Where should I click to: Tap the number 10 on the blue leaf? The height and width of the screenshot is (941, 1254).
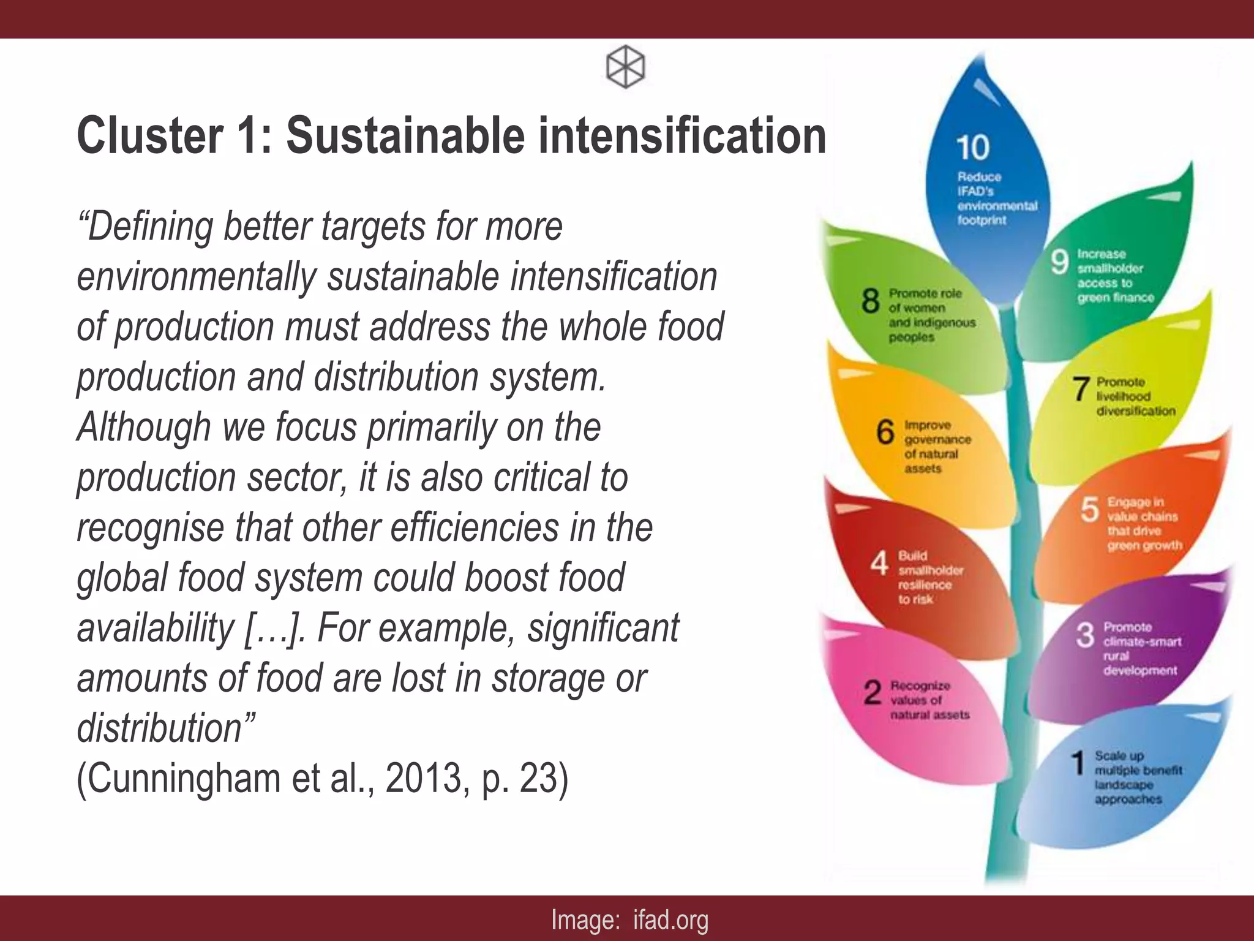tap(972, 148)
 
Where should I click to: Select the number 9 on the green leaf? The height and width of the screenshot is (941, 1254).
tap(1059, 262)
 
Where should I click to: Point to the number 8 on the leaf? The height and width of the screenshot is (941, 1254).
tap(870, 301)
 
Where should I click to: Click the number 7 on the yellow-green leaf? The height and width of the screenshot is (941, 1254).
tap(1081, 389)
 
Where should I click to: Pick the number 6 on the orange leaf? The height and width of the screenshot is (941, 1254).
tap(885, 432)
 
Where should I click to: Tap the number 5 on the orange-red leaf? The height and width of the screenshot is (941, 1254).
tap(1089, 510)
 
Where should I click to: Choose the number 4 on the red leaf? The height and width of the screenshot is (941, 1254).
tap(879, 563)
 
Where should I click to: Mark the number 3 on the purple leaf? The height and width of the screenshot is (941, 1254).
tap(1084, 635)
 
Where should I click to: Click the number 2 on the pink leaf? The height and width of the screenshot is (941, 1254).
tap(872, 693)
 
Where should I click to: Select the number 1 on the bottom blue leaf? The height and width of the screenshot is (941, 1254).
tap(1078, 763)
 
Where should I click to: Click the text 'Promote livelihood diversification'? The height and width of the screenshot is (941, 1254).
tap(1135, 396)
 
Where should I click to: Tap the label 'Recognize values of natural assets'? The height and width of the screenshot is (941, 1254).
tap(929, 700)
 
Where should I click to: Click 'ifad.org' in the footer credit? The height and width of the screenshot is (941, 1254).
tap(670, 919)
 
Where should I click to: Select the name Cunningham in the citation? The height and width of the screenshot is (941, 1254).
tap(178, 778)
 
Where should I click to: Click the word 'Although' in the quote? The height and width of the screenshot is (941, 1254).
tap(143, 426)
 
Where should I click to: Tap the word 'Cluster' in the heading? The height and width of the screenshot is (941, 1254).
tap(150, 135)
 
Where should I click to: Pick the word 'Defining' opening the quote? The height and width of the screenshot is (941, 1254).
tap(149, 226)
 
